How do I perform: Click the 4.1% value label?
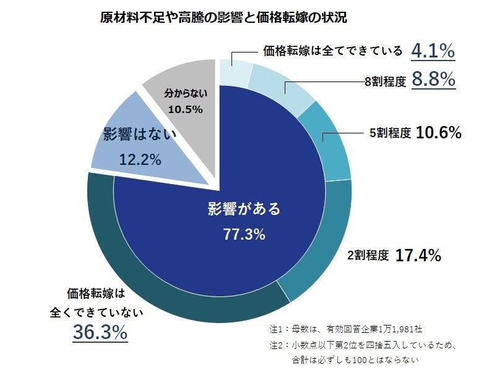pos(433,51)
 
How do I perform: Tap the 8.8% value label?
pos(433,80)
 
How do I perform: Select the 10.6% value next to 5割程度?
pos(438,132)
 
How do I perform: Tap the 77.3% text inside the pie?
pos(244,234)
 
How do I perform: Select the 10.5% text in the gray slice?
pos(185,109)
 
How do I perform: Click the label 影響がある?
pos(244,209)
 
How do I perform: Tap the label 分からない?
pos(185,94)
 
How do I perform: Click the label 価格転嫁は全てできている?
pos(333,51)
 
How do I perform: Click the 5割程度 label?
pos(390,133)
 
